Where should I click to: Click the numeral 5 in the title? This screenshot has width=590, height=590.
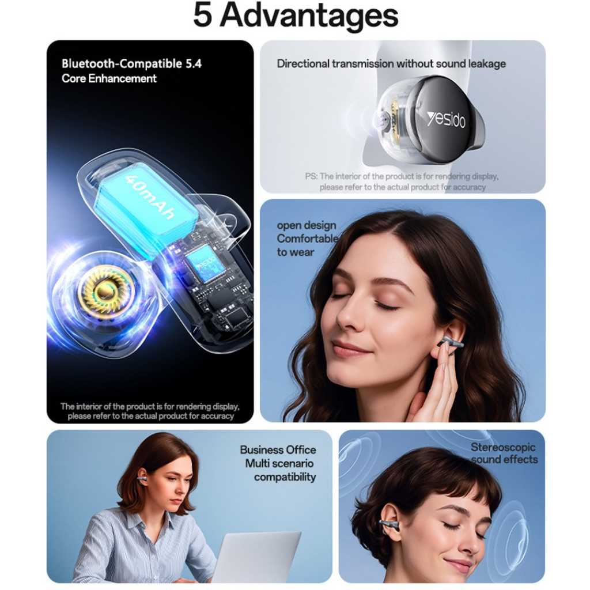pos(202,15)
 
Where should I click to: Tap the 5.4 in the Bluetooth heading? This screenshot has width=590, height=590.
pos(194,63)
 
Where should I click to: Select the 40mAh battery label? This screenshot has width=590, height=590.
pos(150,197)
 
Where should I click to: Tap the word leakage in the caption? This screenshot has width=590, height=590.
pos(487,63)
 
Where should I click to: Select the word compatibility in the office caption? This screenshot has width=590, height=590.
pos(285,477)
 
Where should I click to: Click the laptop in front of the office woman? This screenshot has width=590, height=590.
pos(256,557)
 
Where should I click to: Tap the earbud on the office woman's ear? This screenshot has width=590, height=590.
pos(142,477)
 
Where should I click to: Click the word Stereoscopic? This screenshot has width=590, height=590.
pos(503,447)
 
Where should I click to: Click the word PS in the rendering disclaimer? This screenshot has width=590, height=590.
pos(311,176)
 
